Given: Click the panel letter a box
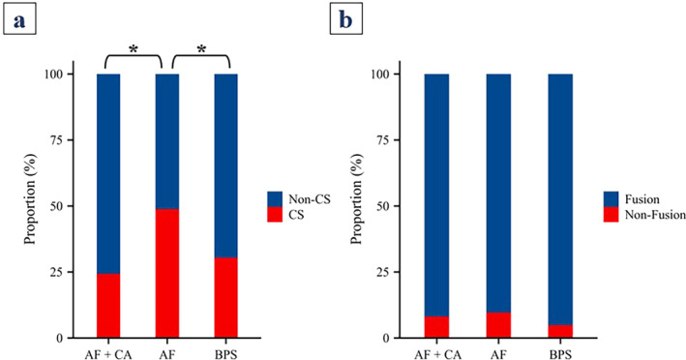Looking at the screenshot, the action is (19, 18).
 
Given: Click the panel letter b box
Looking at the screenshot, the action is (346, 18).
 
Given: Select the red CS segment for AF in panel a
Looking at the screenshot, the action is (167, 274).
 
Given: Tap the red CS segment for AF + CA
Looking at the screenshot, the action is (108, 306).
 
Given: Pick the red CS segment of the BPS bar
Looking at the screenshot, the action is (226, 298).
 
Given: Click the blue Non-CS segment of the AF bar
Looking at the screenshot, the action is (167, 141).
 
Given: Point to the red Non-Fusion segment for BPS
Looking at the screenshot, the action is (560, 332).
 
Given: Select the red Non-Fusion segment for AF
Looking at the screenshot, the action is (498, 325).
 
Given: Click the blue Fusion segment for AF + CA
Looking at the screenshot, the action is (436, 195).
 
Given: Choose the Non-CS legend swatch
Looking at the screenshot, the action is (275, 199).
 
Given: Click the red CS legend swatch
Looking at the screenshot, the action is (275, 214).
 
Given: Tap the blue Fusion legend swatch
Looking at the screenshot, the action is (611, 199).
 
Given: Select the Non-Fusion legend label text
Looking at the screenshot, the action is (655, 215).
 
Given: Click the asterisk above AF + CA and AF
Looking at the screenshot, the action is (133, 49).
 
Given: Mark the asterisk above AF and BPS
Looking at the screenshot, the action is (201, 49).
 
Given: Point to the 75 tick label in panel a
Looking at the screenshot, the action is (57, 140).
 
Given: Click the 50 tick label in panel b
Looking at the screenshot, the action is (384, 206).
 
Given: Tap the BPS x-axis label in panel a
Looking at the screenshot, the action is (226, 354).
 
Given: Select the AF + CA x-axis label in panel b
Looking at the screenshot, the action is (436, 354).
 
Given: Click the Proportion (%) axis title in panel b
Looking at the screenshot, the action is (358, 199).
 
